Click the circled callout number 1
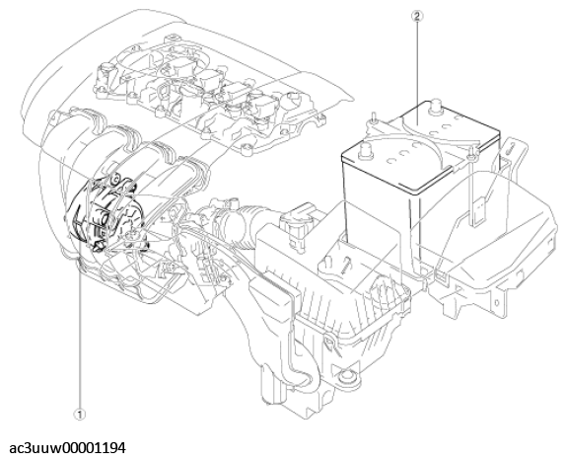coord(80,415)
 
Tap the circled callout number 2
coord(417,16)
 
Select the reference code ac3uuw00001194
coord(68,448)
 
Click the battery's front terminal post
coord(365,150)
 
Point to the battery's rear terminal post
coord(436,106)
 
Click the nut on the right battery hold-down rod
coord(471,156)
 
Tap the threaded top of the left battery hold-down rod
coord(373,117)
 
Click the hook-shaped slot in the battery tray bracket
coord(509,147)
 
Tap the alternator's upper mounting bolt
coord(116,179)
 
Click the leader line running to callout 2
coord(418,73)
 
